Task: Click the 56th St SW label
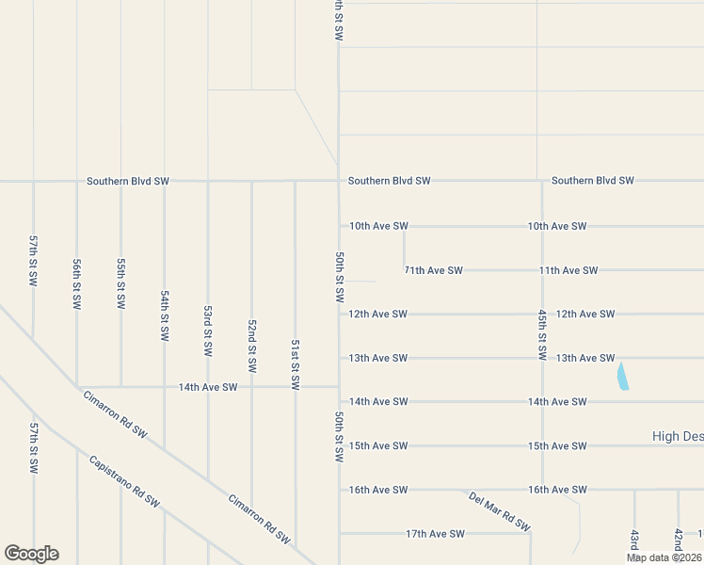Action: [x=77, y=284]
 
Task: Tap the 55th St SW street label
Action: [x=120, y=284]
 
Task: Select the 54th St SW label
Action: [x=165, y=315]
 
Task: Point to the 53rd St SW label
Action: [x=208, y=331]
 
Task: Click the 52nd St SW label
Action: [x=252, y=345]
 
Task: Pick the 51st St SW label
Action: [x=296, y=364]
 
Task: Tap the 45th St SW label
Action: [x=542, y=334]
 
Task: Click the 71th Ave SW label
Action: [x=433, y=270]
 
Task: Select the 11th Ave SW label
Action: [x=568, y=270]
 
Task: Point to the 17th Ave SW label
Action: [x=436, y=534]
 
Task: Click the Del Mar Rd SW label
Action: [x=500, y=511]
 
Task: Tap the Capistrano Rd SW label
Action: [x=124, y=481]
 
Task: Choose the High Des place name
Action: [x=678, y=436]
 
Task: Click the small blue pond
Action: [x=621, y=378]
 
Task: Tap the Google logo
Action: [x=31, y=554]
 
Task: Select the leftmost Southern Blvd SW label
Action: [x=127, y=181]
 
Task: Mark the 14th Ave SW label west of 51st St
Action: [x=208, y=387]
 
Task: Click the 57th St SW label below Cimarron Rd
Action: [x=33, y=447]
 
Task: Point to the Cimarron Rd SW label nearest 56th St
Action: [x=115, y=415]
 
